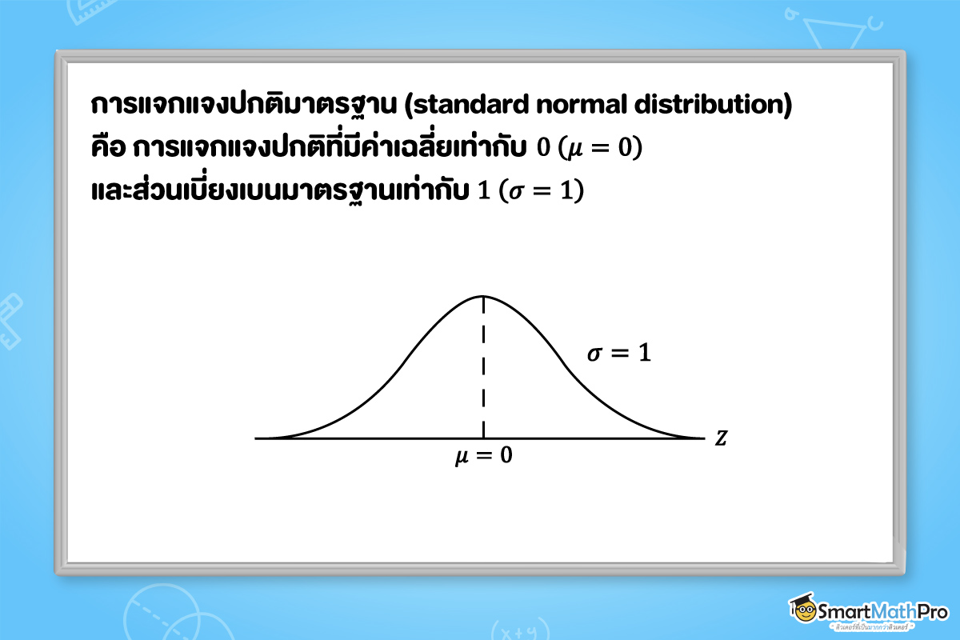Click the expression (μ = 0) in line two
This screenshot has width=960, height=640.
click(x=600, y=149)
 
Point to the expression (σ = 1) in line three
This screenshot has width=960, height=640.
click(x=542, y=192)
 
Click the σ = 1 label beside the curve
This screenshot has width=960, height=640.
click(x=618, y=354)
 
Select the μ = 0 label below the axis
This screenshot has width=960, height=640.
click(x=483, y=457)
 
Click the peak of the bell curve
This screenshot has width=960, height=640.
click(x=483, y=296)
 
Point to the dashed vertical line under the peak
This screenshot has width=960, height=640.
click(x=483, y=368)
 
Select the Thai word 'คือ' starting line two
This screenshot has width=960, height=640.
click(x=110, y=149)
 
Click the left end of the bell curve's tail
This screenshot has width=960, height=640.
click(x=268, y=438)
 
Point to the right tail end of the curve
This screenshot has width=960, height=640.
click(x=698, y=438)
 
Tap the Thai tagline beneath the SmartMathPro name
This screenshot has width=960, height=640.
click(x=880, y=629)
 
